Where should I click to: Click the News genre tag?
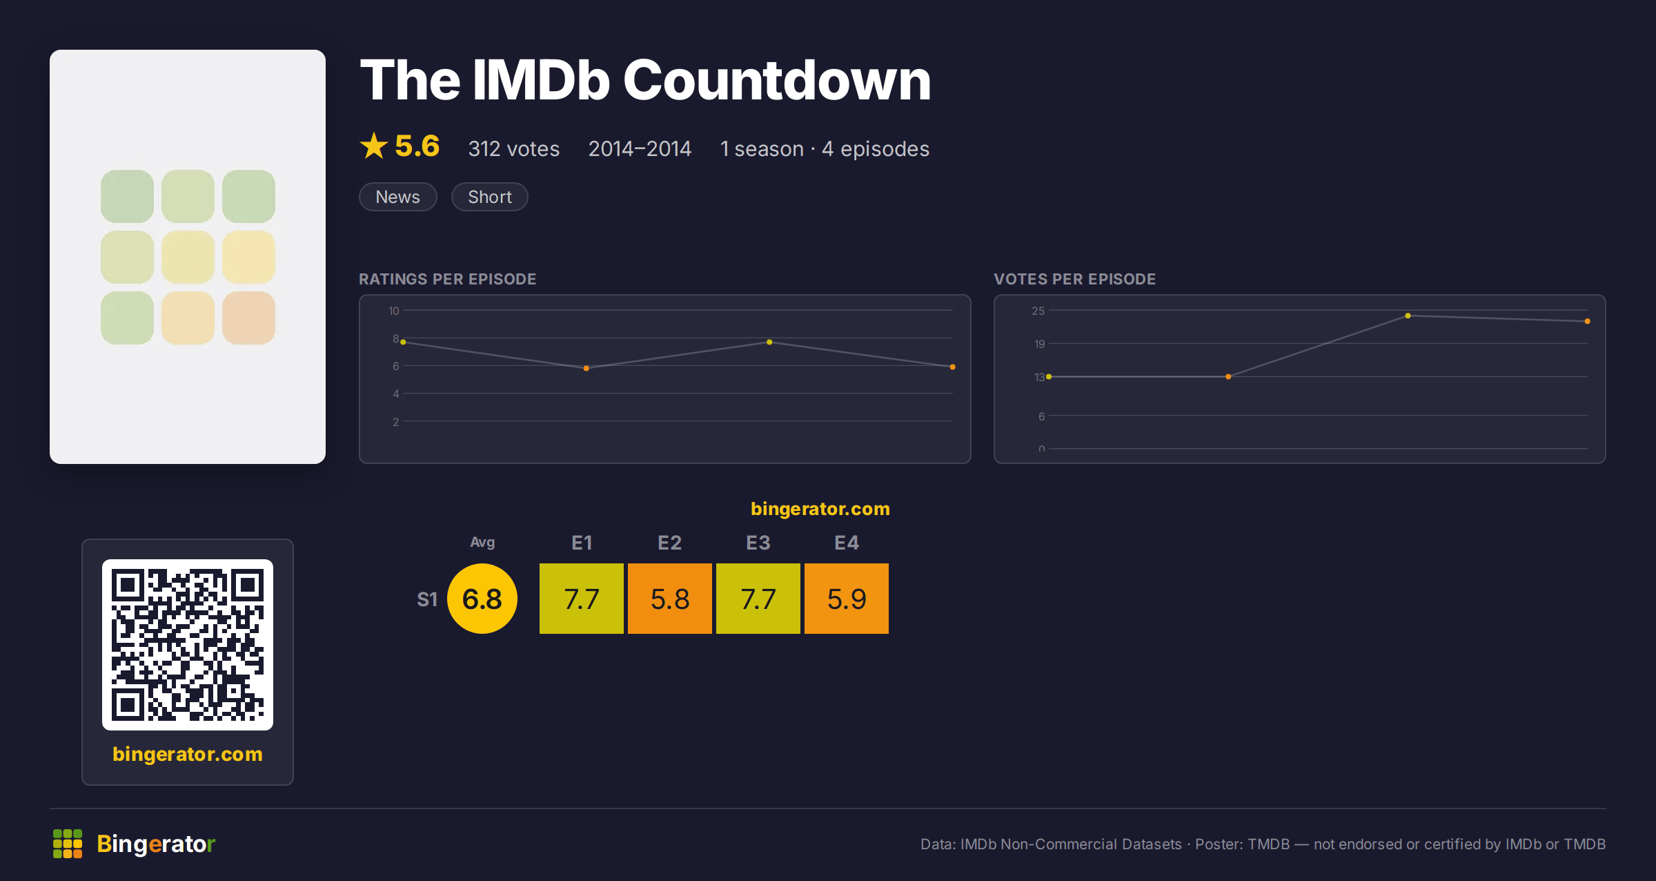point(398,197)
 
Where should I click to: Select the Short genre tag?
point(490,197)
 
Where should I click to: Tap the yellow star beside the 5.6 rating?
point(374,146)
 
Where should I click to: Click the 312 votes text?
point(514,148)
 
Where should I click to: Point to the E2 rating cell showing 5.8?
point(670,599)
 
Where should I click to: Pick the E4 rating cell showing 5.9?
point(847,599)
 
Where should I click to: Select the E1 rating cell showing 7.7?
point(582,599)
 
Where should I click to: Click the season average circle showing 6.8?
point(482,599)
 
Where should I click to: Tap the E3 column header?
point(758,543)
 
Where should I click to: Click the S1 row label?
point(427,599)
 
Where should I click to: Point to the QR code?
point(188,645)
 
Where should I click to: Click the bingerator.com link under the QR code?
point(188,754)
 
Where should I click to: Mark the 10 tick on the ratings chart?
point(394,311)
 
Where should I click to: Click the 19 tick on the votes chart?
point(1039,344)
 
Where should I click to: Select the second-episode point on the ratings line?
point(586,368)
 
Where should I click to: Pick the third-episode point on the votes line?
point(1408,316)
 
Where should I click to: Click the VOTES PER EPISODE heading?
point(1075,279)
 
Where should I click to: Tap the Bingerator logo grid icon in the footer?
point(68,844)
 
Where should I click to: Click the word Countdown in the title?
point(777,80)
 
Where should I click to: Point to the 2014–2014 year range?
point(640,148)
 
